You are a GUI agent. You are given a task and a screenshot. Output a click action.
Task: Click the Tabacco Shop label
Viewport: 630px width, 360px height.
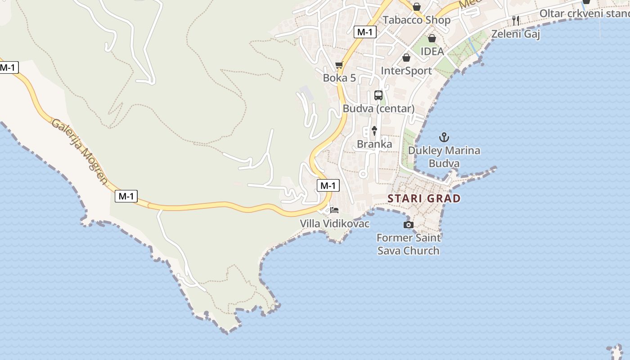[x=416, y=20]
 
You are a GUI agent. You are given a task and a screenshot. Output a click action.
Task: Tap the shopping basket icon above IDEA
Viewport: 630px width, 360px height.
[x=432, y=39]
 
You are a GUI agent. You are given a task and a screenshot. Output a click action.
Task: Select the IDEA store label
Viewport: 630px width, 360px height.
[x=432, y=51]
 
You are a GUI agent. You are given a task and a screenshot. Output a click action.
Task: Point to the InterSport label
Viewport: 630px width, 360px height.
[x=406, y=71]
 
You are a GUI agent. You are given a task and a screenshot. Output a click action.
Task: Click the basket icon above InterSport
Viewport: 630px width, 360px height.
[x=406, y=58]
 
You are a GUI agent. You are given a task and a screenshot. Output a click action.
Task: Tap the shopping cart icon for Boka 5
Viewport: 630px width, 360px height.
[x=339, y=65]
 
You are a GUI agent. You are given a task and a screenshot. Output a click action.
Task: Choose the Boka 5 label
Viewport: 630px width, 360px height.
[x=339, y=78]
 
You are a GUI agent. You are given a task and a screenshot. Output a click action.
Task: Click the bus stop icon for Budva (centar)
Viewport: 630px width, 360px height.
[x=378, y=95]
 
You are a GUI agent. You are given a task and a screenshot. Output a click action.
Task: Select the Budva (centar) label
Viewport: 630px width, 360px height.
[x=378, y=108]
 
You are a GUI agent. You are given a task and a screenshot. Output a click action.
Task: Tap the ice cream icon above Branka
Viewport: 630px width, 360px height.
[x=374, y=131]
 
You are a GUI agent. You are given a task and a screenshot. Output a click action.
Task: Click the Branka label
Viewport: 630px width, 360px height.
[x=374, y=144]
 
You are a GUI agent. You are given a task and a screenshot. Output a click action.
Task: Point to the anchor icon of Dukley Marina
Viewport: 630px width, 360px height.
[x=444, y=137]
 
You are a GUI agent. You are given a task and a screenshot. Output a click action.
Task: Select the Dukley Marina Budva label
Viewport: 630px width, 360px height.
[x=444, y=157]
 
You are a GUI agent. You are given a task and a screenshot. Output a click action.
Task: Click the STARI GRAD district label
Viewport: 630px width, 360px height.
[x=424, y=198]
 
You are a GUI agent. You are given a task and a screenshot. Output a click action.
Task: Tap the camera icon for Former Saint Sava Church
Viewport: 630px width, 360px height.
[x=408, y=225]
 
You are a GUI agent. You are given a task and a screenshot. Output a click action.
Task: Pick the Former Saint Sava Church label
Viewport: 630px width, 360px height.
[x=408, y=244]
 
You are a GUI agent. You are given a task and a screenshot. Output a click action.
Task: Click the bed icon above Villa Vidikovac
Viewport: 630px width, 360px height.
[x=334, y=210]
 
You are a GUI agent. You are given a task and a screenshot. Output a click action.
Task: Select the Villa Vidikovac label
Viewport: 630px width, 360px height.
[x=334, y=223]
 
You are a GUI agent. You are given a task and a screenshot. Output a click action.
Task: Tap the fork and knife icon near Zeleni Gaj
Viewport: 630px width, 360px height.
[x=516, y=20]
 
